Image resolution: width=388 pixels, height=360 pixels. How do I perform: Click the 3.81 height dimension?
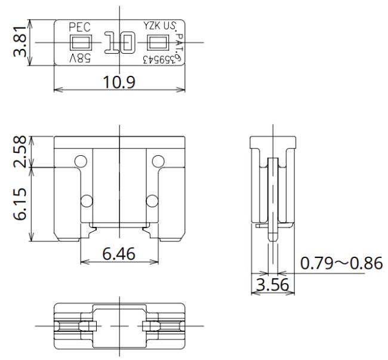[20, 42]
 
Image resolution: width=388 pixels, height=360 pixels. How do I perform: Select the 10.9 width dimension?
[119, 82]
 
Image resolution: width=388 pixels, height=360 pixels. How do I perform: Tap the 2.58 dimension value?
[20, 152]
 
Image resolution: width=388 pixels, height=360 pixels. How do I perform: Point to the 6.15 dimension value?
[20, 204]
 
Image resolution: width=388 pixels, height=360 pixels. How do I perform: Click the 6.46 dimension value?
[119, 254]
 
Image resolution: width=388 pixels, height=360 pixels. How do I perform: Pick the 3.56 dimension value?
[272, 284]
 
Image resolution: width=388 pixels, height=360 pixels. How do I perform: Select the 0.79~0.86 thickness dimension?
[341, 263]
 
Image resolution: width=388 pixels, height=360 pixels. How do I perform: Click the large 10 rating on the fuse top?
[120, 42]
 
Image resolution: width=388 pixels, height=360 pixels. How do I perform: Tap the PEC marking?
[79, 27]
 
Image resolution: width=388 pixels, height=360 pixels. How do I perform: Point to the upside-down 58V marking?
[81, 58]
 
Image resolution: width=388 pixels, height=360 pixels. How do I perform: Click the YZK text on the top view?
[152, 26]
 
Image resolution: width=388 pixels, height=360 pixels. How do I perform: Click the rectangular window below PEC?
[81, 42]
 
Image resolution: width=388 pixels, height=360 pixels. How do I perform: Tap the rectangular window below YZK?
[158, 42]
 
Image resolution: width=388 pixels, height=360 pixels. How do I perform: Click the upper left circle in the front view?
[81, 161]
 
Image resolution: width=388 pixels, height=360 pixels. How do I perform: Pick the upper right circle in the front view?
[158, 161]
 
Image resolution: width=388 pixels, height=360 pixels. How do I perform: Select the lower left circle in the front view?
[87, 201]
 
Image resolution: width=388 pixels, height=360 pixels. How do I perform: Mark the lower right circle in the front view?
[152, 201]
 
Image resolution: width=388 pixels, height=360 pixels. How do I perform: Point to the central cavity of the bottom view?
[119, 326]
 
